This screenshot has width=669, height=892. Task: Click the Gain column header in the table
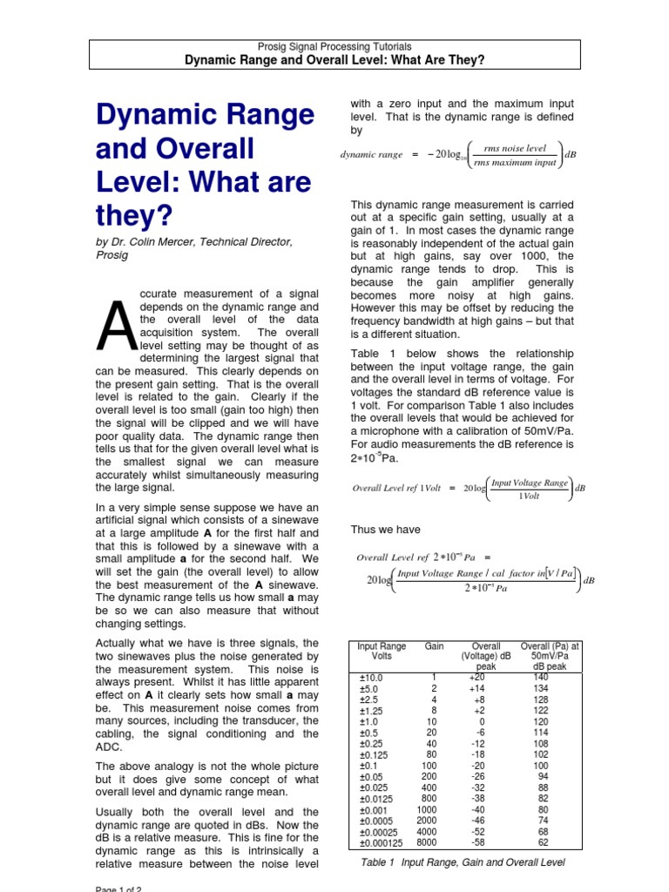pyautogui.click(x=434, y=646)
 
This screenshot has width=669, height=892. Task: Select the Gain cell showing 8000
pyautogui.click(x=426, y=842)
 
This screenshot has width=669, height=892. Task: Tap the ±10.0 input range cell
pyautogui.click(x=371, y=677)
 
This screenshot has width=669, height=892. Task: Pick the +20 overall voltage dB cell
pyautogui.click(x=476, y=677)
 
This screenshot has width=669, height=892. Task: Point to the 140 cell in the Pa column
pyautogui.click(x=540, y=677)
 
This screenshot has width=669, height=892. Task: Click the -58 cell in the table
pyautogui.click(x=476, y=842)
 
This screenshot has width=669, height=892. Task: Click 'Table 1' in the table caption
pyautogui.click(x=377, y=862)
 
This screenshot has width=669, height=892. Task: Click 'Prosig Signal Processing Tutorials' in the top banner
pyautogui.click(x=334, y=46)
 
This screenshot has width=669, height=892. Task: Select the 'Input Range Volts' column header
pyautogui.click(x=382, y=652)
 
